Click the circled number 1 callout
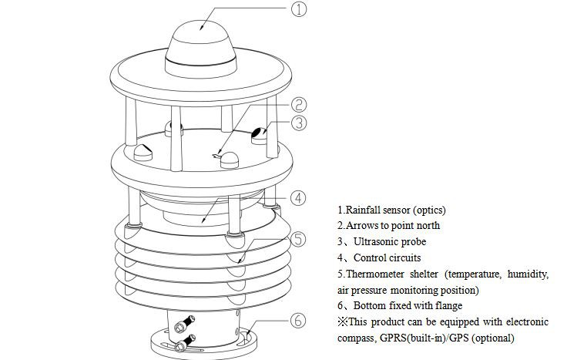299,8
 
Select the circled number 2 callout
299,105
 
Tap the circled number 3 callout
299,123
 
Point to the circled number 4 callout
298,198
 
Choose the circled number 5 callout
298,239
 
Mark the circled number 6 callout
298,321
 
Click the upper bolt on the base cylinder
184,324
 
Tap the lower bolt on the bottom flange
185,343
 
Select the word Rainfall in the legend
363,210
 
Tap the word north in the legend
428,225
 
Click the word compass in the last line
357,338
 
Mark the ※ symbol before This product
343,321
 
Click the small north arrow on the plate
216,156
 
